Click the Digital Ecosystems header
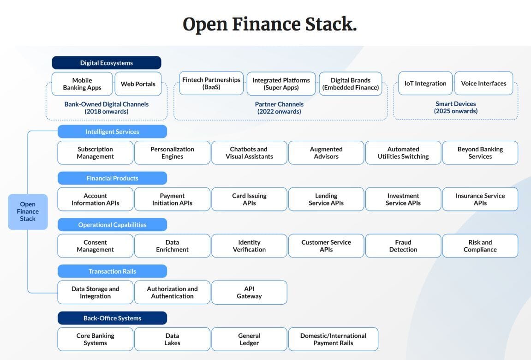click(x=106, y=63)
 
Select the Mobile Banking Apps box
click(x=82, y=84)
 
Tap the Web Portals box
click(x=138, y=84)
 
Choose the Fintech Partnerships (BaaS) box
click(x=211, y=84)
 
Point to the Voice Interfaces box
click(x=483, y=84)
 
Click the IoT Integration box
click(x=425, y=84)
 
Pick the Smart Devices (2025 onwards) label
click(x=456, y=108)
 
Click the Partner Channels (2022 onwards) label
click(x=279, y=108)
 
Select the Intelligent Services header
click(x=112, y=132)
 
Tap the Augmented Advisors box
click(x=326, y=153)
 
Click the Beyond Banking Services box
click(x=480, y=153)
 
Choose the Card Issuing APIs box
click(x=249, y=199)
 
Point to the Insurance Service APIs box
click(x=480, y=199)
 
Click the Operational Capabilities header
click(x=112, y=224)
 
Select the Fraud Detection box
click(x=403, y=246)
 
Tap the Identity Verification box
click(x=249, y=246)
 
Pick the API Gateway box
click(x=249, y=292)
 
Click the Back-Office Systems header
click(x=112, y=318)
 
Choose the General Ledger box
click(x=249, y=339)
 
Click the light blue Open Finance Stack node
click(x=28, y=212)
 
